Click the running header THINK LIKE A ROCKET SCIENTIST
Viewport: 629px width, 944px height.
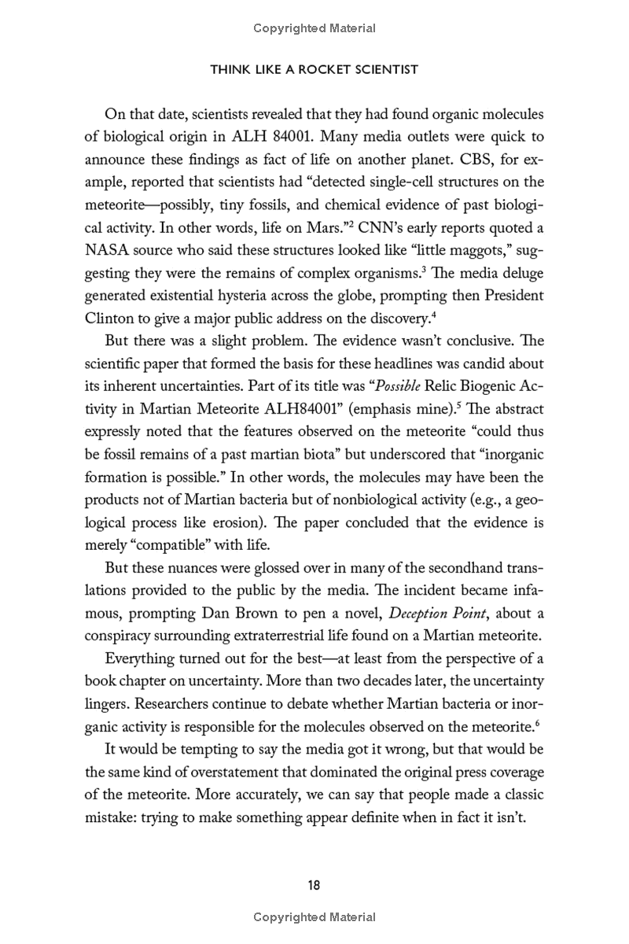coord(314,70)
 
